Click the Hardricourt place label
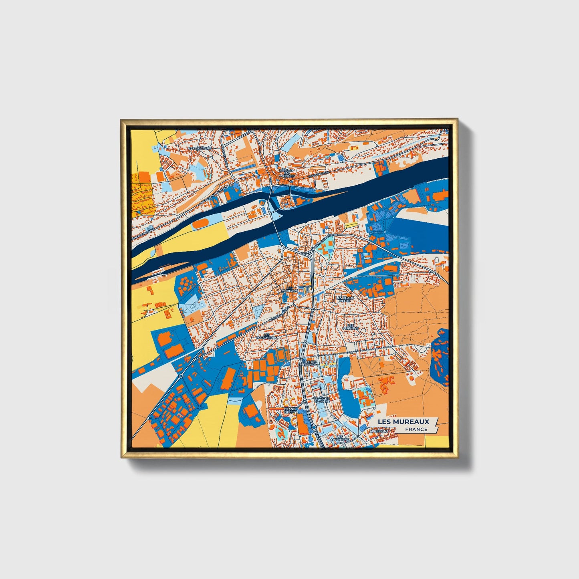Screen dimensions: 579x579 [x=200, y=148]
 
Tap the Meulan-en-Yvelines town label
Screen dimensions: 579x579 [x=286, y=173]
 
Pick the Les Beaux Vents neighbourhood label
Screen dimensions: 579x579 [x=345, y=299]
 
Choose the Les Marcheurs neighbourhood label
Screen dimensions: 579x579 [x=266, y=336]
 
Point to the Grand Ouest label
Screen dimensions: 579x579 [x=290, y=410]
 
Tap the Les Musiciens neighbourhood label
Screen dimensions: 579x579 [x=340, y=438]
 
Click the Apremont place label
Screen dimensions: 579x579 [x=379, y=431]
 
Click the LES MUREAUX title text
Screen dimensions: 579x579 [x=406, y=422]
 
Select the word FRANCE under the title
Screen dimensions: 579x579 [x=416, y=429]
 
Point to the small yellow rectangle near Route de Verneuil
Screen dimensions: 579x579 [x=351, y=225]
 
